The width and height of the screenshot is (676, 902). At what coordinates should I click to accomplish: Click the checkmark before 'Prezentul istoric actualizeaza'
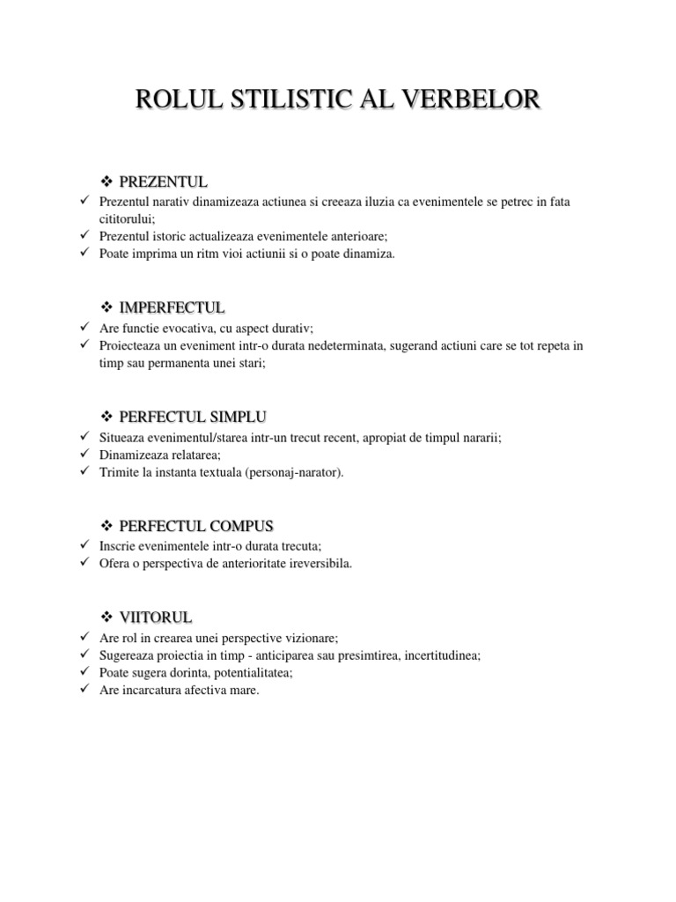click(x=83, y=236)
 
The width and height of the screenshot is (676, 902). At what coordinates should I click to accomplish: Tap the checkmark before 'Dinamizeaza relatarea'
click(x=83, y=455)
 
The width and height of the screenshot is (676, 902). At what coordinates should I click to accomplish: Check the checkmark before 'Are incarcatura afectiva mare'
click(x=83, y=690)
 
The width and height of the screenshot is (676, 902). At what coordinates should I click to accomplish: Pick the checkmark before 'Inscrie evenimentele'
click(x=83, y=546)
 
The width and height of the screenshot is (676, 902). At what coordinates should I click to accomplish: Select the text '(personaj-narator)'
click(x=298, y=472)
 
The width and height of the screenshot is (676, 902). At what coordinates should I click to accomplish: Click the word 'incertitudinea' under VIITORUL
click(x=442, y=655)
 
